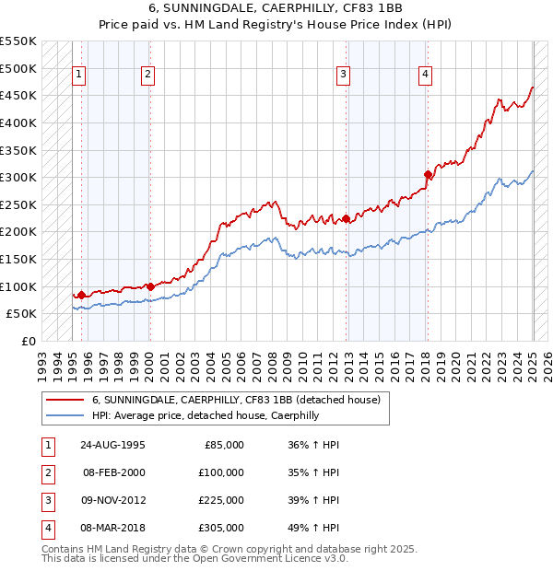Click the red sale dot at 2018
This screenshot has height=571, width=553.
point(428,174)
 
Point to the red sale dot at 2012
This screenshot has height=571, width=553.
point(347,218)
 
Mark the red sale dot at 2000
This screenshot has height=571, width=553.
point(150,286)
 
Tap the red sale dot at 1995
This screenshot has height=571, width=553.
point(81,295)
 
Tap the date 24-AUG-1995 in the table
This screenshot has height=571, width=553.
point(113,445)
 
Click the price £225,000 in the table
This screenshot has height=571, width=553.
point(221,500)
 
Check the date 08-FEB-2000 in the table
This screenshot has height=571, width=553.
point(113,472)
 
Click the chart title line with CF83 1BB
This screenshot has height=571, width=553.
point(276,11)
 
